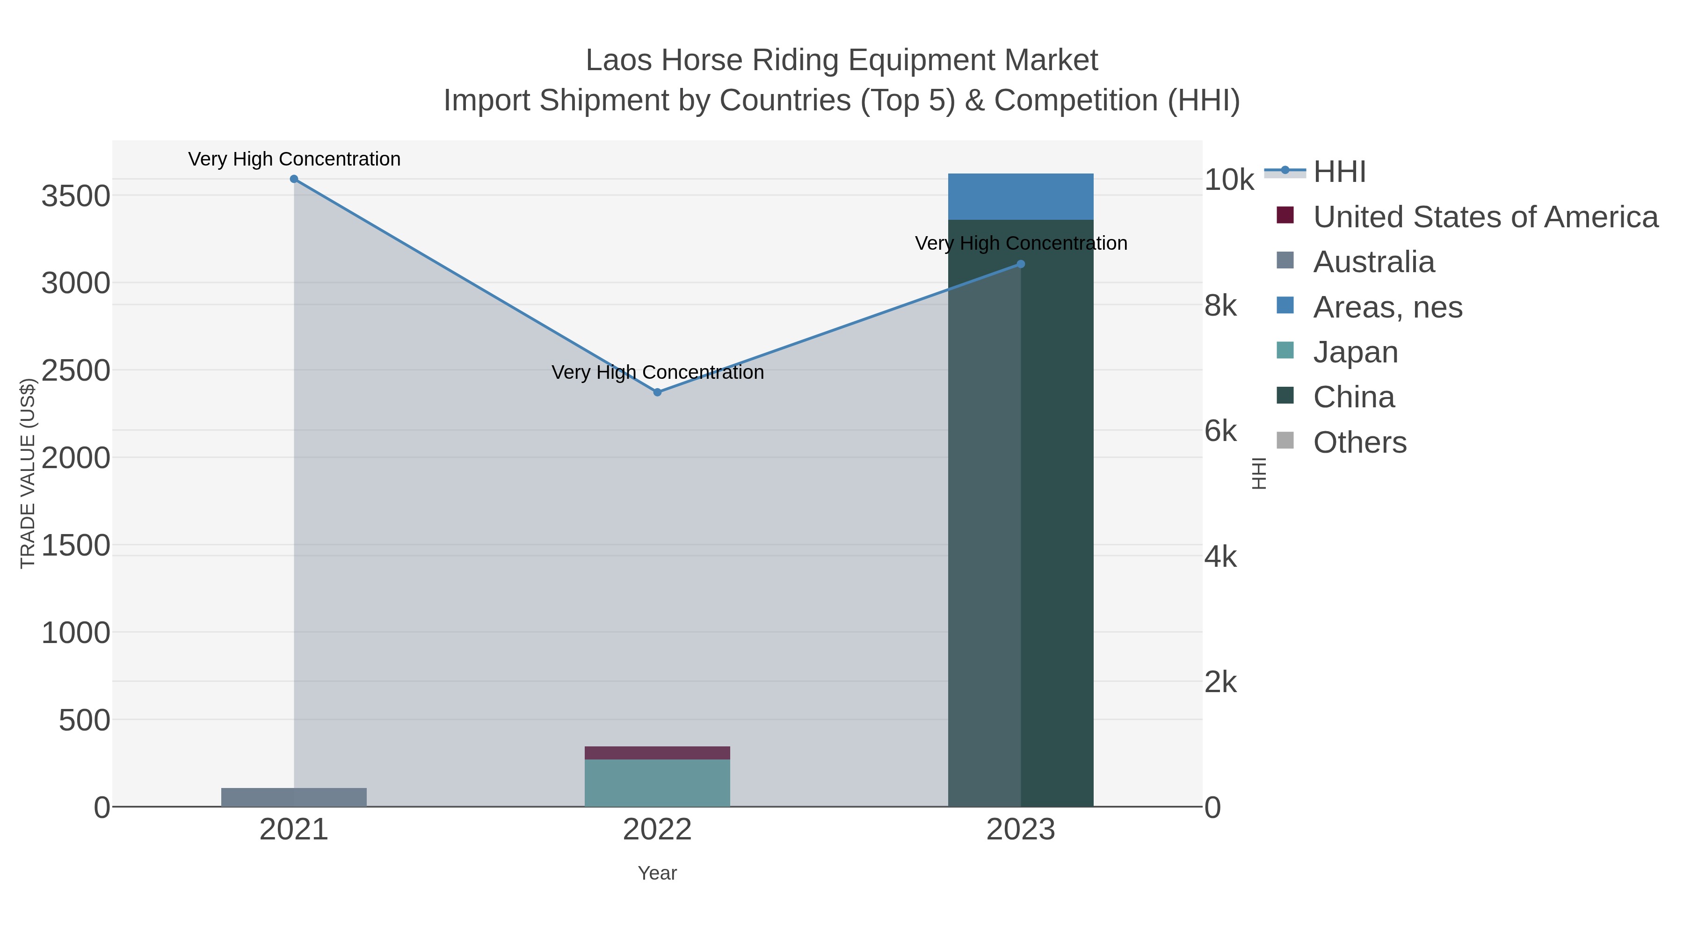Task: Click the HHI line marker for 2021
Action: (x=294, y=179)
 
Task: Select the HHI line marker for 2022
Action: (x=658, y=392)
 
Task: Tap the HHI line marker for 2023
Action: (x=1021, y=264)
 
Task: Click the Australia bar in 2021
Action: (x=294, y=797)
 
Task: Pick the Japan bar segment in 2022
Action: (x=658, y=783)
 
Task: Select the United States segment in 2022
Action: (x=658, y=753)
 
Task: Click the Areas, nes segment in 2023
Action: (x=1021, y=197)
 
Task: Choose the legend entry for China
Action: (x=1353, y=398)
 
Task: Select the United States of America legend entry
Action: (x=1485, y=217)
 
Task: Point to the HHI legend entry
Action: (x=1339, y=172)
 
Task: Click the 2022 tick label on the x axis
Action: (x=658, y=830)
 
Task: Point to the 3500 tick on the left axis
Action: (x=76, y=196)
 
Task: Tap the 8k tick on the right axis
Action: (x=1220, y=306)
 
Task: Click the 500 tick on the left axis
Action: (x=84, y=721)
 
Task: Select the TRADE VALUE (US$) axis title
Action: (x=28, y=473)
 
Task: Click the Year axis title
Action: (x=658, y=873)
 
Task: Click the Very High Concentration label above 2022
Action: (x=658, y=373)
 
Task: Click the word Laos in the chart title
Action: (x=618, y=60)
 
